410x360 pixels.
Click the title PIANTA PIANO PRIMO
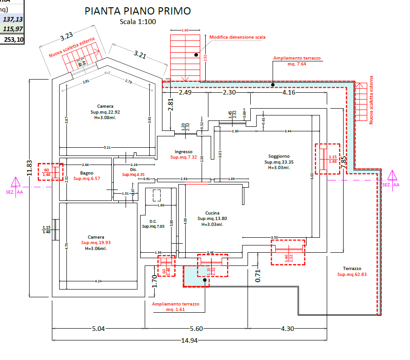tap(138, 11)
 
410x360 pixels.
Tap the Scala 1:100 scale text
tap(137, 22)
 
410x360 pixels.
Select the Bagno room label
tap(86, 173)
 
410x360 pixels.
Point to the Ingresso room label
tap(183, 151)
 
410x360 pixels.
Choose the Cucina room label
tap(212, 213)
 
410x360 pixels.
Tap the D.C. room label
tap(149, 221)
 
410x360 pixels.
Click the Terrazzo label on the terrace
tap(352, 269)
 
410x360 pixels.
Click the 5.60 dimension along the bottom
tap(196, 329)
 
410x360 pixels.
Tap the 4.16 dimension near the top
tap(289, 93)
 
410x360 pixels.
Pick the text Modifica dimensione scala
tap(237, 37)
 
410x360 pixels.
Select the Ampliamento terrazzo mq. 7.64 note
tap(297, 61)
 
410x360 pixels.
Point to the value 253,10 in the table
tap(14, 40)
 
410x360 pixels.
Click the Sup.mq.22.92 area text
tap(105, 112)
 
